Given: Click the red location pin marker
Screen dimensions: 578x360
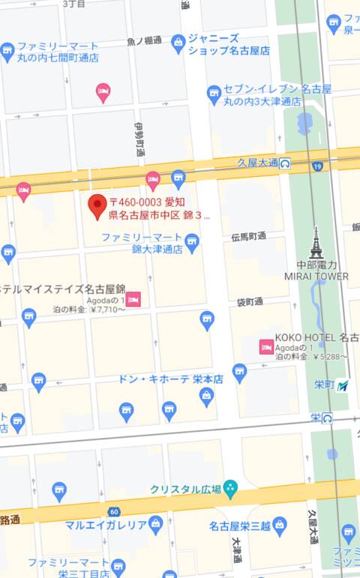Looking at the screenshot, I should coord(97,205).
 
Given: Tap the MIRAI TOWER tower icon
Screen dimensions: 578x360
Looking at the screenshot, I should coord(316,243).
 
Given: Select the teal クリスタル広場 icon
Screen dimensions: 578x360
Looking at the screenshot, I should coord(230,489).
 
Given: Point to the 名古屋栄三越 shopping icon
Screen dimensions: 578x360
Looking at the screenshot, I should coord(280,523).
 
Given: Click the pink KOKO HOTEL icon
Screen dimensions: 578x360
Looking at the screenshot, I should coord(265,346).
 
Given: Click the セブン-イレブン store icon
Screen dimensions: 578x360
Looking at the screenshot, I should coord(214,93).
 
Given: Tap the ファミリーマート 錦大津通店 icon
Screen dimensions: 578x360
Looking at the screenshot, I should coord(192,241).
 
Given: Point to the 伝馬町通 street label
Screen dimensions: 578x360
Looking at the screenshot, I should coord(249,236).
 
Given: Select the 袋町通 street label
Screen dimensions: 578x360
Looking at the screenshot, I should coord(249,301).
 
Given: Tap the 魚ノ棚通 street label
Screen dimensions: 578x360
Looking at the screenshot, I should coord(145,40).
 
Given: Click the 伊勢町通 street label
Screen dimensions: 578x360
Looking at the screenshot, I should coord(139,139).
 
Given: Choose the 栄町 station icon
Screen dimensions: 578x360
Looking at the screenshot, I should coord(343,385).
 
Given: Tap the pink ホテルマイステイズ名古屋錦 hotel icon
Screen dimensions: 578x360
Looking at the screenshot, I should coord(133,300).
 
